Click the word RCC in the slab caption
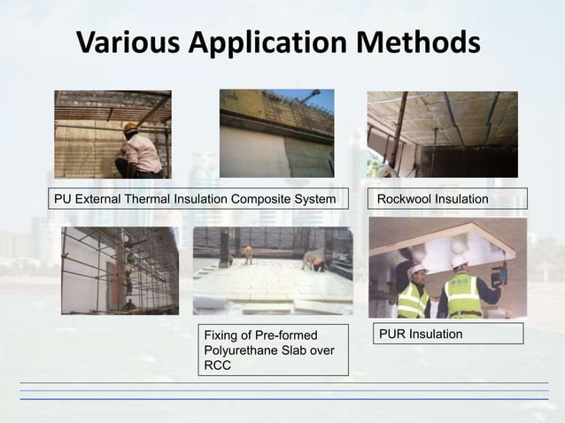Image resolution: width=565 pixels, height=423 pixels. pyautogui.click(x=217, y=366)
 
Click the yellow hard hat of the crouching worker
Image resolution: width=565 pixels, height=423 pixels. pyautogui.click(x=130, y=127)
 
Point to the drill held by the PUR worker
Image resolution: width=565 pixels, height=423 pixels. pyautogui.click(x=499, y=274)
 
